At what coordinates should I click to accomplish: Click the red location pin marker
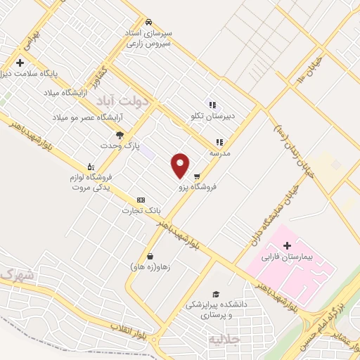(x=181, y=165)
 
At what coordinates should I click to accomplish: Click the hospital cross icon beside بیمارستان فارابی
(x=287, y=245)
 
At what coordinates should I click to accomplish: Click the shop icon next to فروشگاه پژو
(x=198, y=176)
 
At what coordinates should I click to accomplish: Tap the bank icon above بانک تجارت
(x=141, y=199)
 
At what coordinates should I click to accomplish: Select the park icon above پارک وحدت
(x=120, y=135)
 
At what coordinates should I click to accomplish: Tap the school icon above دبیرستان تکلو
(x=212, y=105)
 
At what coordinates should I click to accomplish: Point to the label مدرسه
(x=220, y=153)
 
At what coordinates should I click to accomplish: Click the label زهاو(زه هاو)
(x=149, y=266)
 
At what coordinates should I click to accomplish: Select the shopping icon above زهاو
(x=149, y=256)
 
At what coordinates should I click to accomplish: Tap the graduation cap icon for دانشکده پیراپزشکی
(x=217, y=294)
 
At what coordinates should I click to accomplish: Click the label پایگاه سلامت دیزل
(x=38, y=72)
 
